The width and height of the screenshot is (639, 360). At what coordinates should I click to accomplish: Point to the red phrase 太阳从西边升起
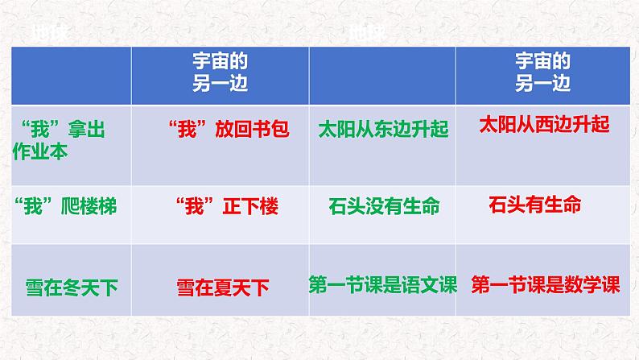544,125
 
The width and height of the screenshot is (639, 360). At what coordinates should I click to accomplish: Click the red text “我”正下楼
226,206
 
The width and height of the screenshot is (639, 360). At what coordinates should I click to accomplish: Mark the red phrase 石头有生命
534,205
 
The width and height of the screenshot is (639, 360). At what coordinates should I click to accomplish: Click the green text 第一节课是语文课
382,284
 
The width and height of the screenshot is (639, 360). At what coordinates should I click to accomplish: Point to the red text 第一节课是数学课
545,285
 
